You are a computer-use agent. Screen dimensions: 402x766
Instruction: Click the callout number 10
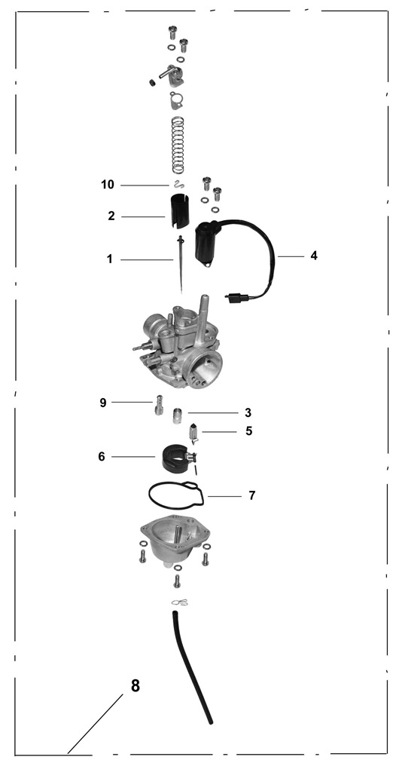pos(108,185)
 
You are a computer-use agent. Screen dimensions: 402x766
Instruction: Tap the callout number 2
pos(111,216)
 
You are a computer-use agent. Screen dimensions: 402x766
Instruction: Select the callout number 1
pos(110,259)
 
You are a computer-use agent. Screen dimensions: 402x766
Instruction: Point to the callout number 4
pos(314,256)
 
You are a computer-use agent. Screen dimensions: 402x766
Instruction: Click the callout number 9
pos(103,403)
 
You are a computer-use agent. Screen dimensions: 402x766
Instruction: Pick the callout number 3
pos(248,413)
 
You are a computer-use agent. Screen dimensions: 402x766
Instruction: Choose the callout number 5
pos(249,431)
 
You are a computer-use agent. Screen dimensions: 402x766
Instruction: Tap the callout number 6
pos(102,456)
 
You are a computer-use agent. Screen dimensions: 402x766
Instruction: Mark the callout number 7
pos(251,495)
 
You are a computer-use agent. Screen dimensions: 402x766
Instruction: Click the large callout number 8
pos(136,686)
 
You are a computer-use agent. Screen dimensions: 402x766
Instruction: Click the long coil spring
pos(178,145)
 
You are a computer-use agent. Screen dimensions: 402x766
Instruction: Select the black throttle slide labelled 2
pos(178,211)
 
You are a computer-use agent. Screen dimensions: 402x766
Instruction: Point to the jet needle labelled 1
pos(181,264)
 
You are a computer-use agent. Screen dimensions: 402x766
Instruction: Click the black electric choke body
pos(207,244)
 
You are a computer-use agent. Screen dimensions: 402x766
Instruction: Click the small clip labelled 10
pos(178,184)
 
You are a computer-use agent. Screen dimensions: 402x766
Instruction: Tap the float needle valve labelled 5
pos(193,434)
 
